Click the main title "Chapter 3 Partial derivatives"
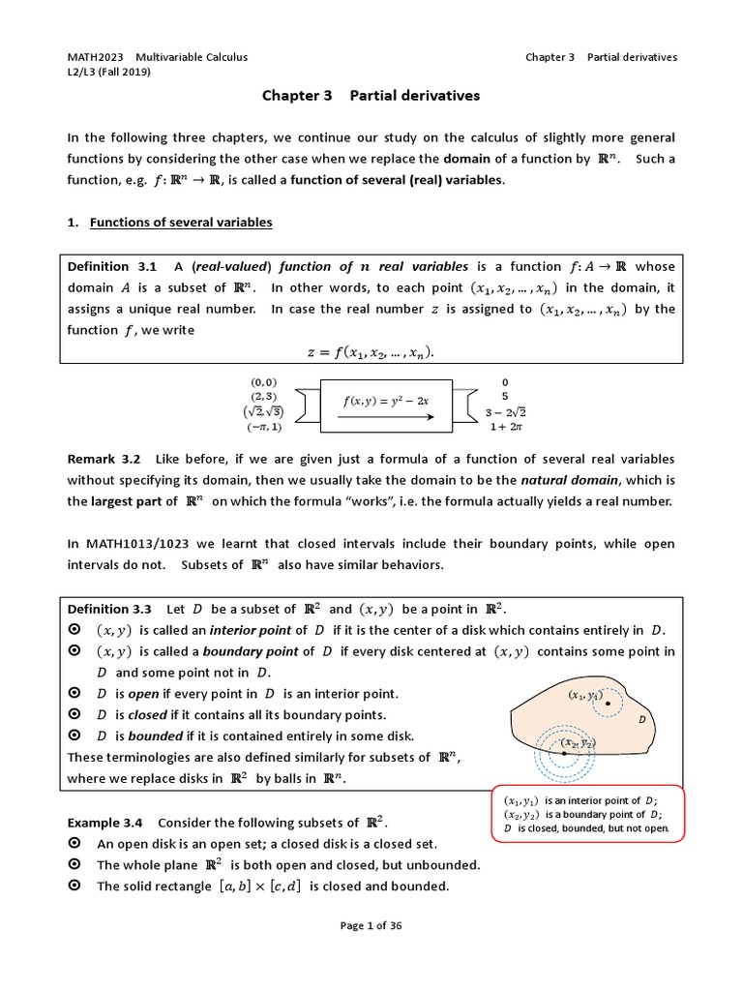click(x=371, y=97)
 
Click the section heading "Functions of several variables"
click(x=181, y=223)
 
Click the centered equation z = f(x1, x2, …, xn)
click(x=371, y=352)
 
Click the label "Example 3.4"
click(x=104, y=823)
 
